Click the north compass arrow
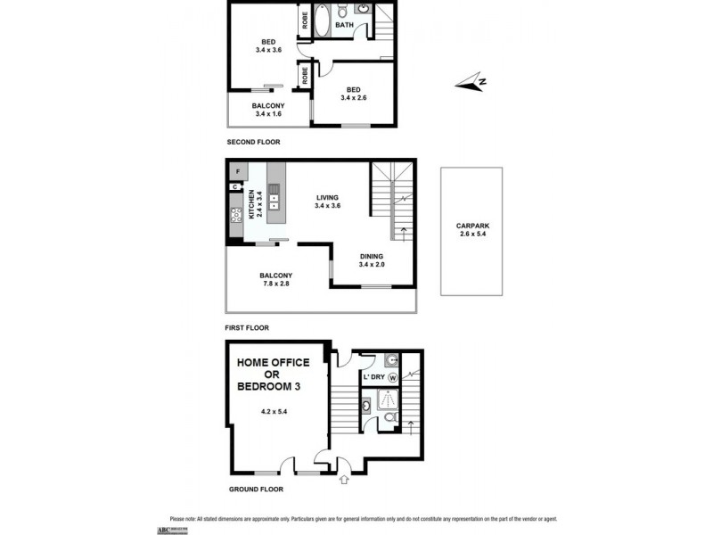point(469,84)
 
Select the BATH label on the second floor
point(344,26)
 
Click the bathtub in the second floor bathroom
point(320,19)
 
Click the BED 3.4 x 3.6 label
point(267,46)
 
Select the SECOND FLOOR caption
point(253,142)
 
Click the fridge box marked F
point(237,171)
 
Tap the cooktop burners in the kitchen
point(237,214)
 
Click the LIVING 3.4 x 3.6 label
point(328,202)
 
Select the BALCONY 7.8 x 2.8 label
point(276,280)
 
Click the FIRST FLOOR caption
point(248,327)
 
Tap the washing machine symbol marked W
point(392,377)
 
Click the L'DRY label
point(373,377)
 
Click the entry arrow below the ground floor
point(345,481)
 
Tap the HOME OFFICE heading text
point(273,362)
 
